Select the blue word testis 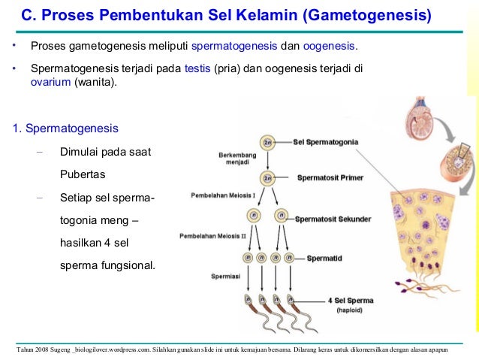197,68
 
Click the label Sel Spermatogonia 325,141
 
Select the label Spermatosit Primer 330,178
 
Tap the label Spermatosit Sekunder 333,219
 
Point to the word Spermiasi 225,276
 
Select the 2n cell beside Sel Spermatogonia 267,141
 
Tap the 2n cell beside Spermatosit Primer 267,178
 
